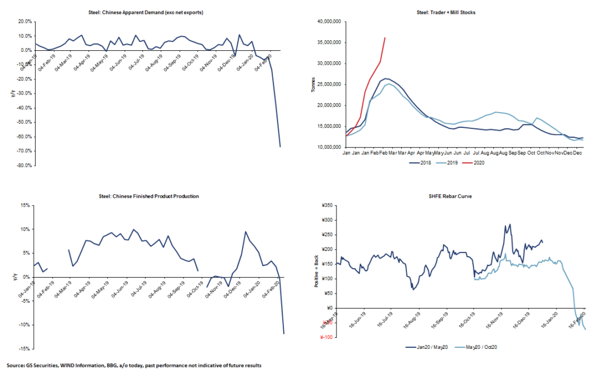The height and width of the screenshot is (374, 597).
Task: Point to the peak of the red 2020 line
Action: (x=385, y=38)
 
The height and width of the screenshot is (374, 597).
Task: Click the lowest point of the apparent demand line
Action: (x=280, y=146)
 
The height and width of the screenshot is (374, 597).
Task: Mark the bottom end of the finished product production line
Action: (x=284, y=334)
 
